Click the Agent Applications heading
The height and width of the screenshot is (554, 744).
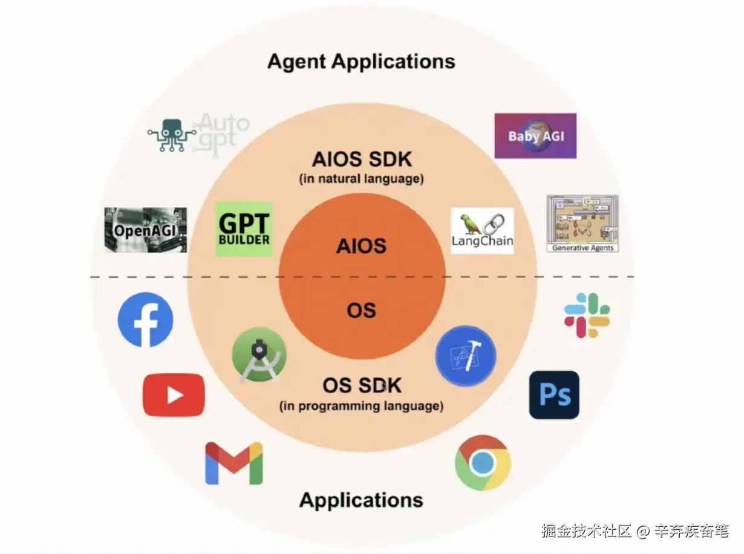coord(361,62)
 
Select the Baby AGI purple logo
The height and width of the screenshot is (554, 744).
coord(535,136)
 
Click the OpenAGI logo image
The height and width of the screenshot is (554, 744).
coord(146,230)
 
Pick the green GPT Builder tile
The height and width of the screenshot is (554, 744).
coord(244,229)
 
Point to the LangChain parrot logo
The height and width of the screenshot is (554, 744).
coord(482,231)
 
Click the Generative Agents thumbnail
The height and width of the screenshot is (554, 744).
coord(582,223)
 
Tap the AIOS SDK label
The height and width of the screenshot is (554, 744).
coord(362,159)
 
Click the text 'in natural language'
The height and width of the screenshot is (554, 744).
coord(362,179)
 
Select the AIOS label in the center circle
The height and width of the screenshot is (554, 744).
coord(362,246)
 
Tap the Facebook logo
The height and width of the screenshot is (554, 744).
coord(145,320)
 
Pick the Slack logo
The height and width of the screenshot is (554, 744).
coord(587,315)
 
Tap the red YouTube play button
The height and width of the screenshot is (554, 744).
coord(174,395)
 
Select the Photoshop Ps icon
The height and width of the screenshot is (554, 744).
coord(554,395)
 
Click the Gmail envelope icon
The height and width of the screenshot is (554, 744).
coord(234,463)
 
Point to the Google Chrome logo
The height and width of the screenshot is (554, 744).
coord(483,463)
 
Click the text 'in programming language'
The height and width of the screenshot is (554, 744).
coord(362,406)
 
